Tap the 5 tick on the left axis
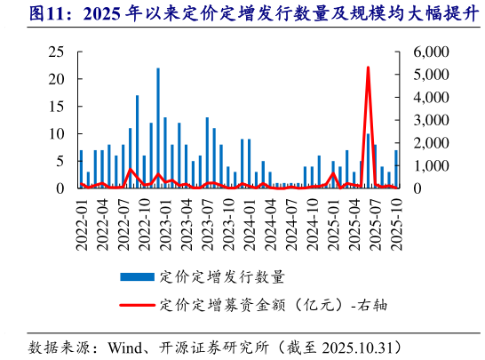pos(60,161)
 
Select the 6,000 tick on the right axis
pos(432,52)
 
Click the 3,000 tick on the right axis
pos(432,120)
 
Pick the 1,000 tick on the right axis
pos(432,165)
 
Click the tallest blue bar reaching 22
pos(158,128)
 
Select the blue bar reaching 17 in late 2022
pos(137,141)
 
